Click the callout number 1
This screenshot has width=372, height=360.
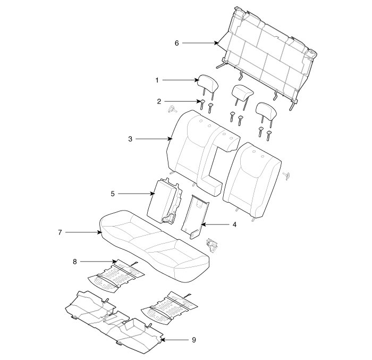(157, 80)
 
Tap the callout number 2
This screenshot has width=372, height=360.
(157, 101)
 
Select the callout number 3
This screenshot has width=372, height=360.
(130, 139)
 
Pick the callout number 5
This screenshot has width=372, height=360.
(113, 194)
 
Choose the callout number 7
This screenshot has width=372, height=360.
(60, 232)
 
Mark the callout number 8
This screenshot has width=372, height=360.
(75, 261)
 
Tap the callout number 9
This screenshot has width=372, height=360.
(194, 339)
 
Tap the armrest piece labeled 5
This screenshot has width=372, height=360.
(165, 202)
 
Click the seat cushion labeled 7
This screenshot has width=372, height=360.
(154, 239)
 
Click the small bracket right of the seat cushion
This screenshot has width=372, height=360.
(214, 244)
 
